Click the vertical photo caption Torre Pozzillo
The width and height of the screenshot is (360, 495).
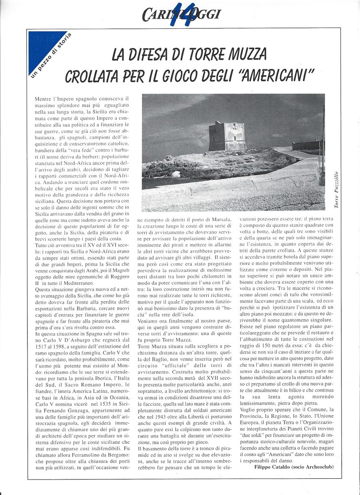point(337,190)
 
